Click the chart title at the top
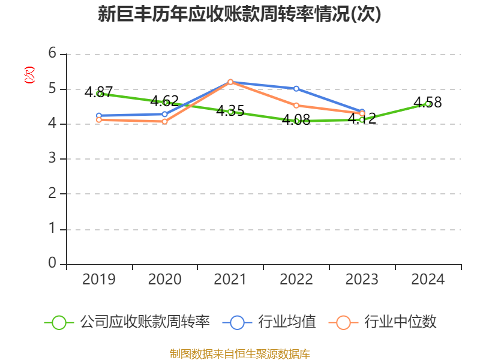(x=239, y=14)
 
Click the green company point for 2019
(x=99, y=94)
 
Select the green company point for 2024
(x=428, y=104)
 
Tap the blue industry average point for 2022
(x=296, y=89)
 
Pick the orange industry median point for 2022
(x=296, y=106)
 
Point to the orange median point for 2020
(x=165, y=121)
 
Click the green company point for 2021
(x=230, y=112)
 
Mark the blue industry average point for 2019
(x=99, y=115)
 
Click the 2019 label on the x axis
(x=99, y=280)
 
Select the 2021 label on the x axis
(x=230, y=280)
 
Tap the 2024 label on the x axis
(x=428, y=280)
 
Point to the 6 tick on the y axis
(x=53, y=54)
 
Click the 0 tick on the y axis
(x=53, y=263)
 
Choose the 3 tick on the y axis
(x=53, y=159)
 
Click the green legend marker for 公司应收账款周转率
(x=59, y=322)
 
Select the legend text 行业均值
(x=287, y=322)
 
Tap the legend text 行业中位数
(x=400, y=322)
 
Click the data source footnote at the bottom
(x=239, y=353)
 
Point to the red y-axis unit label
(x=29, y=75)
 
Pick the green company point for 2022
(x=296, y=121)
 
